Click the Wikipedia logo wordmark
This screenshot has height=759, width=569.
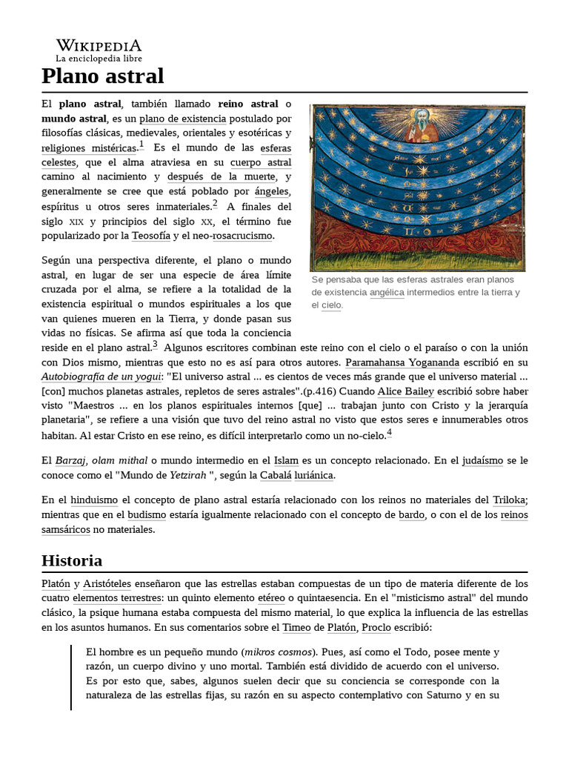point(99,45)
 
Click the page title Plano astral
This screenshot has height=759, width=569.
point(102,76)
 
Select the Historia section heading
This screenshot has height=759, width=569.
point(72,560)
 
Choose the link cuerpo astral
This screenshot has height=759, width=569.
point(260,162)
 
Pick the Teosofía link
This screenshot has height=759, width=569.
point(150,236)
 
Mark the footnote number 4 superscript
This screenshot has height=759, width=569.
point(389,433)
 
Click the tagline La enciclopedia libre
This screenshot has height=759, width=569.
point(99,59)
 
